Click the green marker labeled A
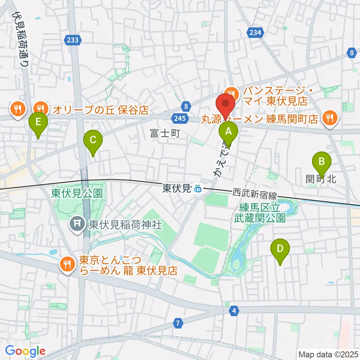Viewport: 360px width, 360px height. [230, 132]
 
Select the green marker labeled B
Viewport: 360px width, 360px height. [322, 162]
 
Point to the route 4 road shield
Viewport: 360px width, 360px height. [234, 310]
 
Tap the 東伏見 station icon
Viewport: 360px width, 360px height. [198, 189]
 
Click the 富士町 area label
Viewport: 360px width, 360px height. [160, 133]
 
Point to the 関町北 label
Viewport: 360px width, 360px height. [321, 179]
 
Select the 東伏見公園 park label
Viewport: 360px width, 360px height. [77, 193]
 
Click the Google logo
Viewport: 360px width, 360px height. [25, 351]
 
